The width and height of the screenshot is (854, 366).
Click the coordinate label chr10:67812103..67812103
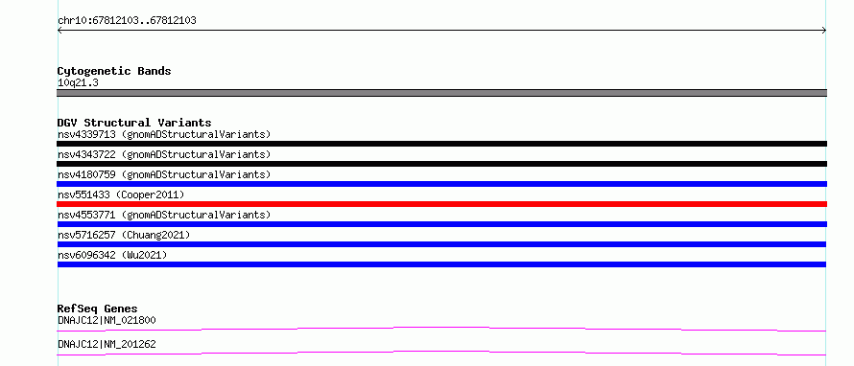[x=127, y=21]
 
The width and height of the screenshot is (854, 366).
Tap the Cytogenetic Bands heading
[x=114, y=71]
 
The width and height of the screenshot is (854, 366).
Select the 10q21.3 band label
[x=78, y=83]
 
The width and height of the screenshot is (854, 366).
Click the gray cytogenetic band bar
[x=441, y=93]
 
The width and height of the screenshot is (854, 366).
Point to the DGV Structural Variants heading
[x=134, y=123]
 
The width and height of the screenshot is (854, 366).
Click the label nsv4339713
[x=86, y=134]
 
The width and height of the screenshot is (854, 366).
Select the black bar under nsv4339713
[x=441, y=144]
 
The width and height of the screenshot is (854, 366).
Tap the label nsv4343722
[x=86, y=154]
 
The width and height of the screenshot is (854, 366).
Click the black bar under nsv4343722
[x=441, y=164]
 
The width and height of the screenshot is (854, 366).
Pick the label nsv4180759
[x=86, y=174]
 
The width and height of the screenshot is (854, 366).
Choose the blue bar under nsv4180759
[x=441, y=184]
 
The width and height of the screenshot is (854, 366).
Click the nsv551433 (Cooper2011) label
[x=121, y=194]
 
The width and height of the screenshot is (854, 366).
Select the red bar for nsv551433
[x=441, y=204]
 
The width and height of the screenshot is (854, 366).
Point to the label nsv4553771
[x=86, y=215]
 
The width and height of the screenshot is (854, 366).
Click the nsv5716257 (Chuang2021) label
[x=124, y=235]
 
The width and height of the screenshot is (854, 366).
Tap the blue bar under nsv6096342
[x=441, y=264]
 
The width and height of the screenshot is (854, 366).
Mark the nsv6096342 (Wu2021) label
[x=112, y=255]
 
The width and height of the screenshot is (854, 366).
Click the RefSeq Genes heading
[x=98, y=309]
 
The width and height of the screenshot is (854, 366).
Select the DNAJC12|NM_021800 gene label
[x=107, y=320]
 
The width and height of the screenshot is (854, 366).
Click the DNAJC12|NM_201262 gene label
[x=107, y=344]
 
